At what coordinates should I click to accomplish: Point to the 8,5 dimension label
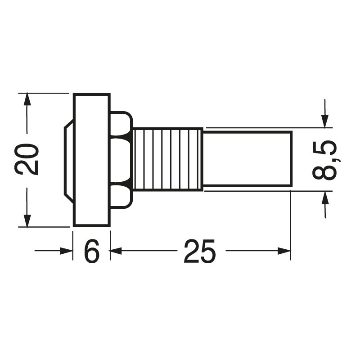tap(325, 160)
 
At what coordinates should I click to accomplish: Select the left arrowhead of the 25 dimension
tap(116, 251)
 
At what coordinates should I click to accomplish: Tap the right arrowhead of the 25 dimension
tap(284, 251)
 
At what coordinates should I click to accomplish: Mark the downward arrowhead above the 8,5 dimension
tap(325, 121)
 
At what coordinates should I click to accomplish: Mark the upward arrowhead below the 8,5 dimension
tap(325, 198)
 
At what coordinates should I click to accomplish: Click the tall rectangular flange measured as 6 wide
tap(91, 160)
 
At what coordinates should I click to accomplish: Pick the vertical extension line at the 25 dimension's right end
tap(291, 225)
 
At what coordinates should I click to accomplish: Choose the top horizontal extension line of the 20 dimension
tap(45, 93)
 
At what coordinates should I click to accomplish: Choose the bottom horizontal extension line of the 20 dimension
tap(45, 227)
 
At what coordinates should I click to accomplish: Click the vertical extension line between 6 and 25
tap(110, 243)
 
